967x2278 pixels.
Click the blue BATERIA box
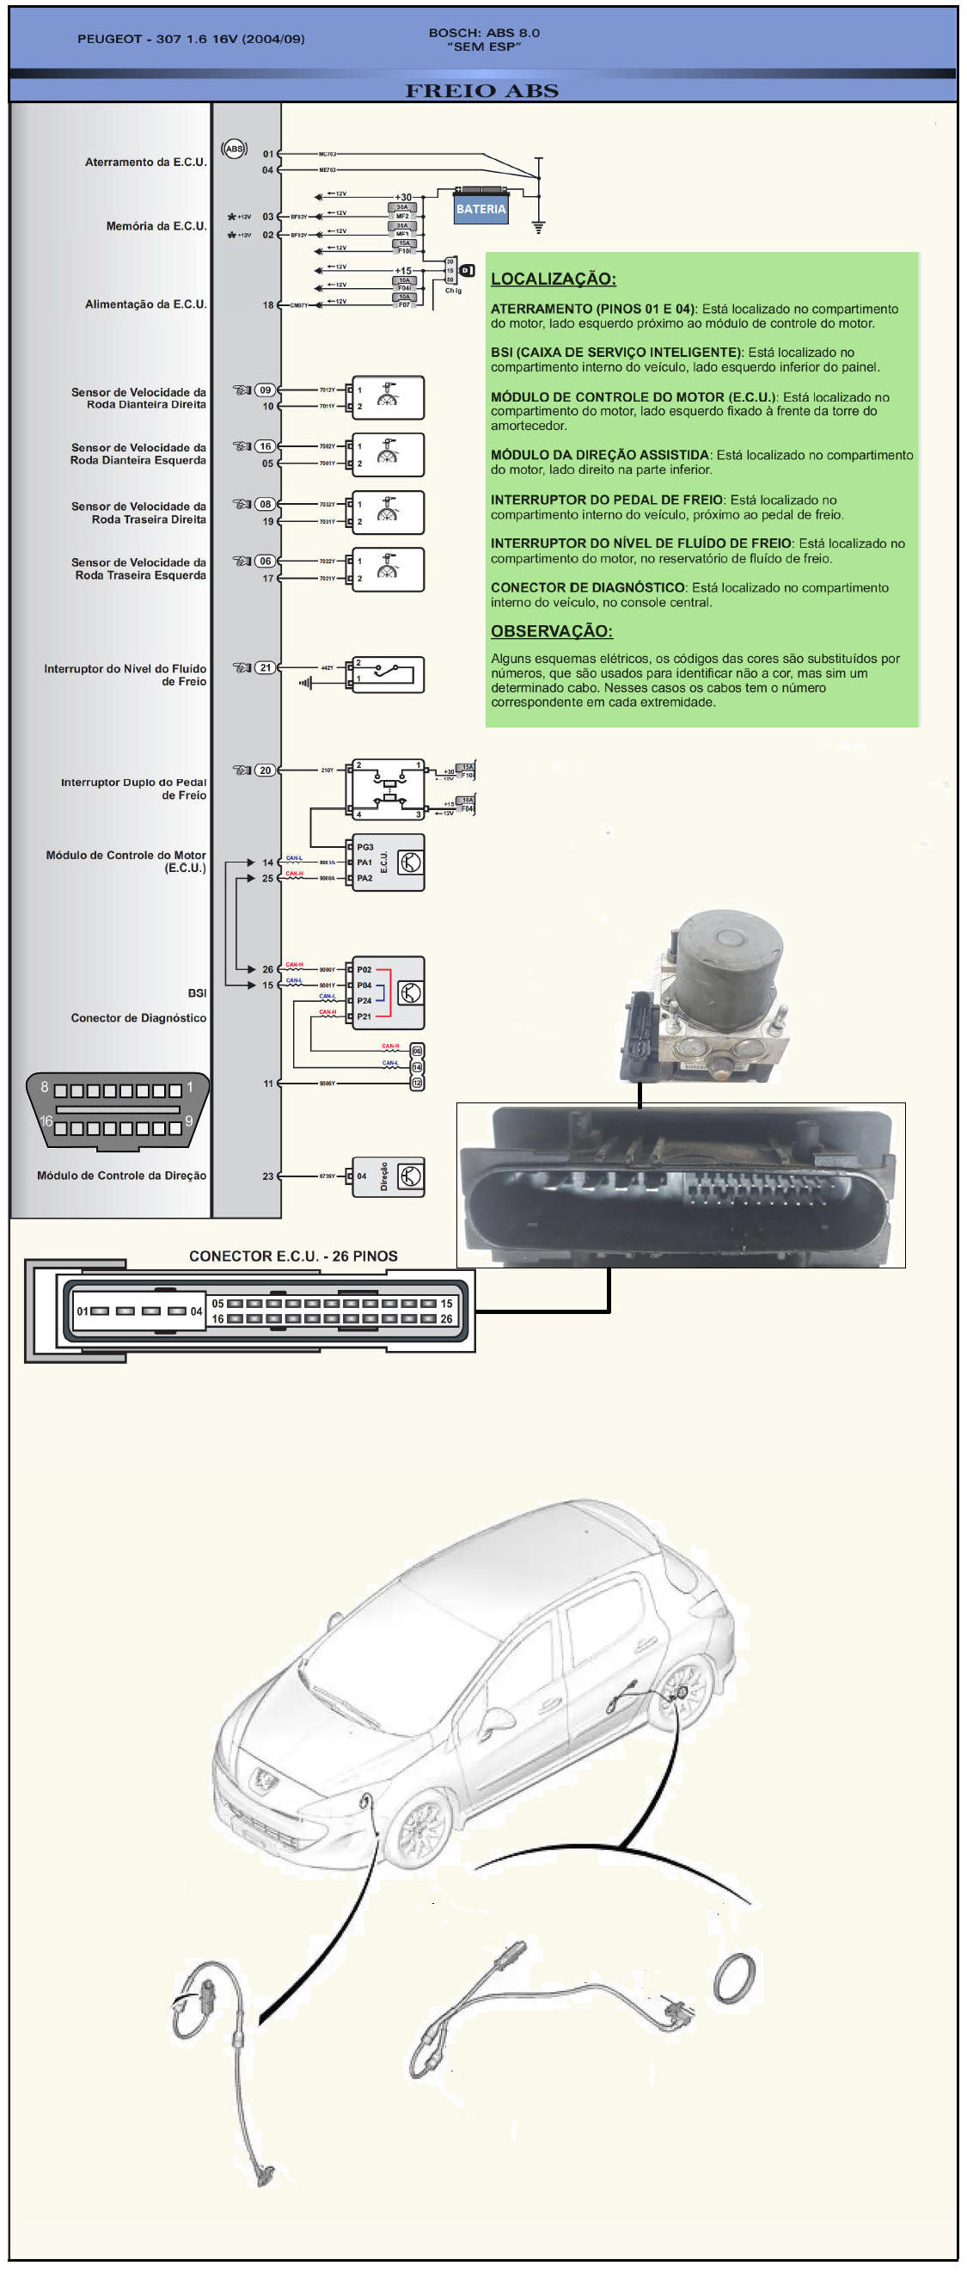pyautogui.click(x=480, y=210)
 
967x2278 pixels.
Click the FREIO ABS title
pyautogui.click(x=481, y=91)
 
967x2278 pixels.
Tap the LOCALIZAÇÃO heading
pyautogui.click(x=554, y=279)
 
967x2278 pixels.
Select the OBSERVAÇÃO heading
pyautogui.click(x=552, y=631)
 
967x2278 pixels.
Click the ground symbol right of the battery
pyautogui.click(x=538, y=226)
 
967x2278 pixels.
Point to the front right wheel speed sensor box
pyautogui.click(x=388, y=398)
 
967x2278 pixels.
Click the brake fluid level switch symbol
pyautogui.click(x=388, y=675)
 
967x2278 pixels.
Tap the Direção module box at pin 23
pyautogui.click(x=388, y=1177)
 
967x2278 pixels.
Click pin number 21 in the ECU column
pyautogui.click(x=266, y=667)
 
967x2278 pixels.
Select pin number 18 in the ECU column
pyautogui.click(x=268, y=305)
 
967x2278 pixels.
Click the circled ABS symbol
pyautogui.click(x=235, y=150)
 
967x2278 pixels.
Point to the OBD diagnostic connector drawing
pyautogui.click(x=118, y=1112)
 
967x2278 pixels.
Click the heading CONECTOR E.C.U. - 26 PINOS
pyautogui.click(x=293, y=1256)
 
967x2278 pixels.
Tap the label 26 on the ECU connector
pyautogui.click(x=446, y=1319)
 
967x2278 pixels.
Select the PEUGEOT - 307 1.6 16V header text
pyautogui.click(x=191, y=39)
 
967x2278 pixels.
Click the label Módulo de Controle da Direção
pyautogui.click(x=122, y=1176)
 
